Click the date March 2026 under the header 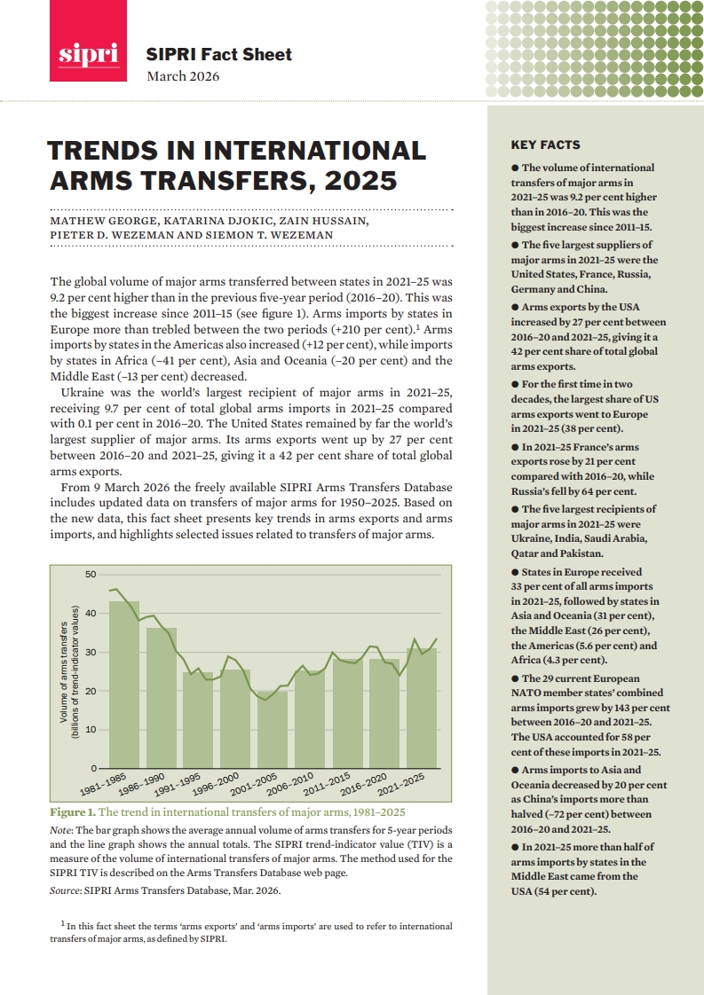click(183, 75)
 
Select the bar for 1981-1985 click(124, 683)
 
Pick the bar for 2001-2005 click(273, 728)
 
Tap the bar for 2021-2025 click(422, 707)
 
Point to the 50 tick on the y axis click(91, 575)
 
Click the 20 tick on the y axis click(91, 691)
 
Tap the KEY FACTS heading click(545, 145)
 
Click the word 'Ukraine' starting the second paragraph click(83, 391)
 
